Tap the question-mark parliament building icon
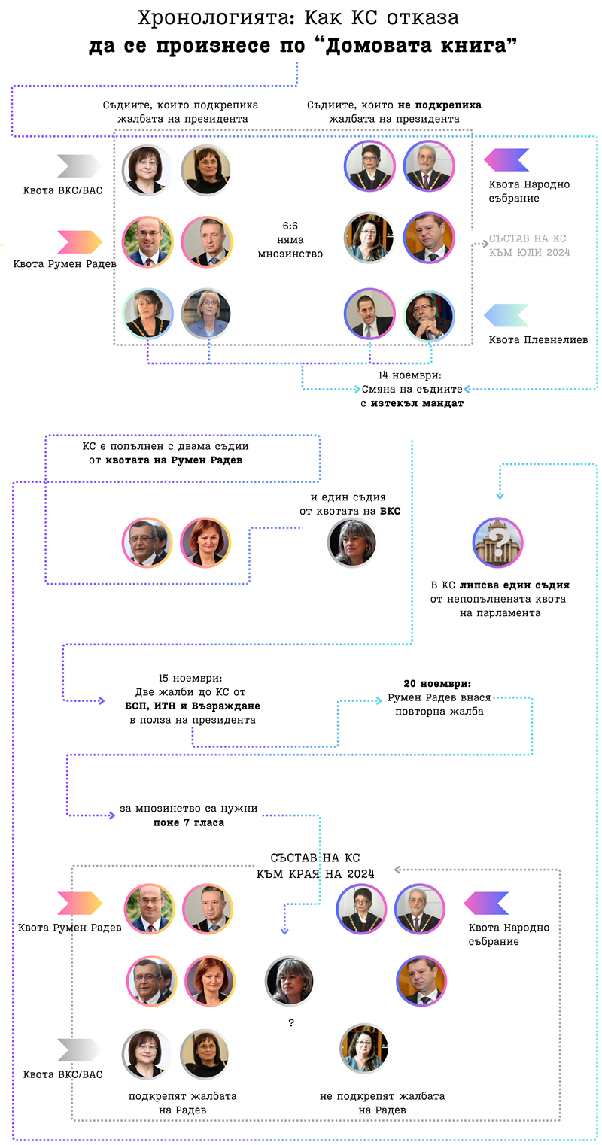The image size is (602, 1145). pos(497,542)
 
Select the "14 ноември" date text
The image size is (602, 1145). pos(410,375)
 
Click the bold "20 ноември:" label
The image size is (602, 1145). pos(437,684)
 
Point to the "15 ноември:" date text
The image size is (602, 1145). pos(190,677)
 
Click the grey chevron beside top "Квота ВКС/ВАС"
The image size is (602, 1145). pos(78,166)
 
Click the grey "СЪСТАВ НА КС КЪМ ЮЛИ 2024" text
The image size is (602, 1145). pos(529,245)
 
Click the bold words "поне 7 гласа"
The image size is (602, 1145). pos(189,822)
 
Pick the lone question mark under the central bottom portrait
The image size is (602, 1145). pos(290,1023)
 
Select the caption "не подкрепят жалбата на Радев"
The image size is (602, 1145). pos(382,1103)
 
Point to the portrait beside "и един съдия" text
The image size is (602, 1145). pos(351,543)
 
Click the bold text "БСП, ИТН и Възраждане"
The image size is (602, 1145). pos(193,706)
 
